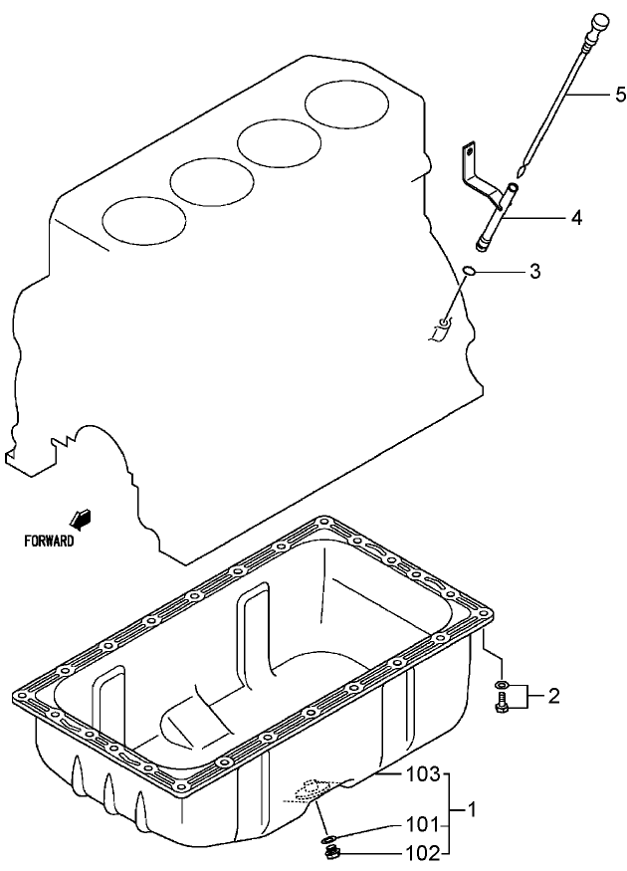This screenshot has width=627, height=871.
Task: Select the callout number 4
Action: [x=576, y=215]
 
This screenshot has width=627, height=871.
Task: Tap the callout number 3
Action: [x=534, y=271]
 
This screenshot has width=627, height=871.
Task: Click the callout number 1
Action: [x=474, y=810]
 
